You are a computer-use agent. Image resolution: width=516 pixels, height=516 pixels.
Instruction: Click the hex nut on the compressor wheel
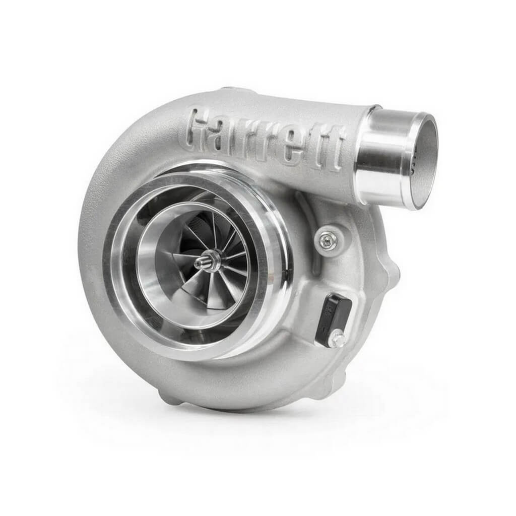tap(213, 261)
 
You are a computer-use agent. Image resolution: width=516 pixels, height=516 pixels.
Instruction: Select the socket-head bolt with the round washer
tap(329, 240)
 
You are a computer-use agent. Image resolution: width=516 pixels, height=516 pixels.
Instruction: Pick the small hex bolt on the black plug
tap(337, 339)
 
